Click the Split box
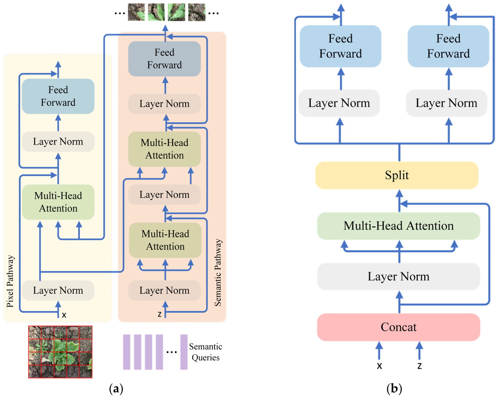[x=397, y=175]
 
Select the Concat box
[x=398, y=327]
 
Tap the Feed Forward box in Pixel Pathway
[x=58, y=96]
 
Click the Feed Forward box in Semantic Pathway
[x=164, y=59]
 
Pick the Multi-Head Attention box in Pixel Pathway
[x=58, y=202]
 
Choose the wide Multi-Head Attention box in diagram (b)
[x=398, y=226]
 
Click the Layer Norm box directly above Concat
[x=398, y=276]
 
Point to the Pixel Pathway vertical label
[x=10, y=281]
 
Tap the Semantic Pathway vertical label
[x=218, y=272]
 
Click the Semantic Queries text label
[x=205, y=352]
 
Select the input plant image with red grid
[x=60, y=352]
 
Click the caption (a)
[x=116, y=389]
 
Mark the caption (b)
[x=394, y=389]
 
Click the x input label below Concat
[x=379, y=366]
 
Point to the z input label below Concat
[x=419, y=366]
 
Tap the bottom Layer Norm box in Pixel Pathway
[x=58, y=291]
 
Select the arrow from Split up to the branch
[x=399, y=153]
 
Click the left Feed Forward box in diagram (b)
[x=340, y=46]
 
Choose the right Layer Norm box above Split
[x=446, y=103]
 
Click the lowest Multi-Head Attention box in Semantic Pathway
[x=165, y=240]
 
